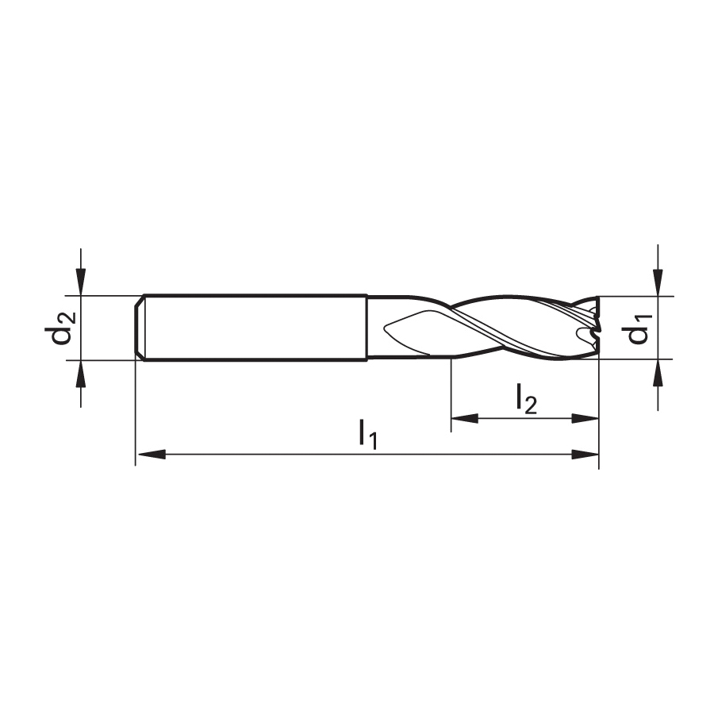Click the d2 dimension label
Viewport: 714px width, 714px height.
click(x=59, y=327)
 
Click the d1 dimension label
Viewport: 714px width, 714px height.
click(x=639, y=328)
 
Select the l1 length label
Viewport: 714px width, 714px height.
click(x=368, y=435)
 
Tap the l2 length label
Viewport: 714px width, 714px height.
click(x=527, y=399)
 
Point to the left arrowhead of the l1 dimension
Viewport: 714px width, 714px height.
click(x=152, y=454)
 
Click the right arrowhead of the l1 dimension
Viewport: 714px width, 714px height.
click(x=585, y=454)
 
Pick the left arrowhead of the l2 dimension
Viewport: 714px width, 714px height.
click(x=465, y=418)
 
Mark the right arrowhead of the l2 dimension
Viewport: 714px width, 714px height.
click(x=585, y=418)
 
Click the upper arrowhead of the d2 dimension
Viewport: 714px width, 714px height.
click(x=81, y=282)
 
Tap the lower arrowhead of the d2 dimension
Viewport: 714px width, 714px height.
click(x=81, y=374)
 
